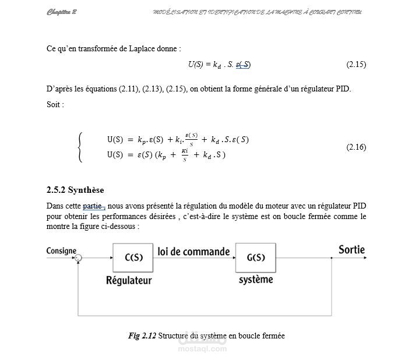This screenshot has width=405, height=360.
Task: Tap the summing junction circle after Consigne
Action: (x=79, y=257)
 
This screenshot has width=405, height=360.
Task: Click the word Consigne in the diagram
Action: (x=61, y=251)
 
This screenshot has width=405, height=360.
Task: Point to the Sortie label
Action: (x=351, y=250)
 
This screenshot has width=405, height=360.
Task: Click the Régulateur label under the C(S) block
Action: (x=129, y=280)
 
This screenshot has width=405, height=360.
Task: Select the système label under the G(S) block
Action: (x=256, y=280)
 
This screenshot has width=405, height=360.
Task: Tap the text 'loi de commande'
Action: (x=193, y=252)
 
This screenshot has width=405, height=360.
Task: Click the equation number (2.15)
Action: (x=356, y=64)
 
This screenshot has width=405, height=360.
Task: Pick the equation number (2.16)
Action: (x=356, y=147)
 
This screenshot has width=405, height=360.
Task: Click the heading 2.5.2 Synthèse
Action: (x=75, y=190)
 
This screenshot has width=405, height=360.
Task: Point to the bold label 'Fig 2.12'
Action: (x=142, y=336)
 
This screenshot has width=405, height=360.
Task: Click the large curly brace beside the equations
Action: (x=80, y=147)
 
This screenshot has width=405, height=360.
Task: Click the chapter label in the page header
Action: (x=62, y=12)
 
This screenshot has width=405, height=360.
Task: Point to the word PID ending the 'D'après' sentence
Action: (x=344, y=89)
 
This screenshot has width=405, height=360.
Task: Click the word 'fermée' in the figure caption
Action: (x=273, y=336)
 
